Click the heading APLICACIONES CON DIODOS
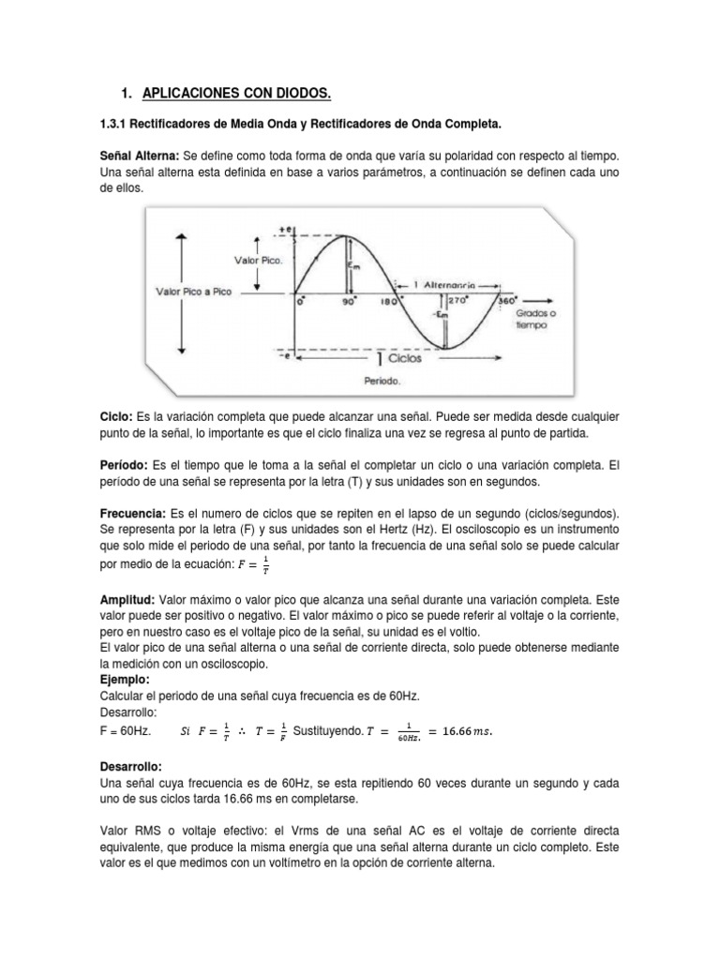point(236,93)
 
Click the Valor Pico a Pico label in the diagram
point(193,292)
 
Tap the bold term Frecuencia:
point(132,515)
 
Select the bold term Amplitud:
point(127,597)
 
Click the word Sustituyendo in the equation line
point(326,730)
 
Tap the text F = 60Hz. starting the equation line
point(123,730)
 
